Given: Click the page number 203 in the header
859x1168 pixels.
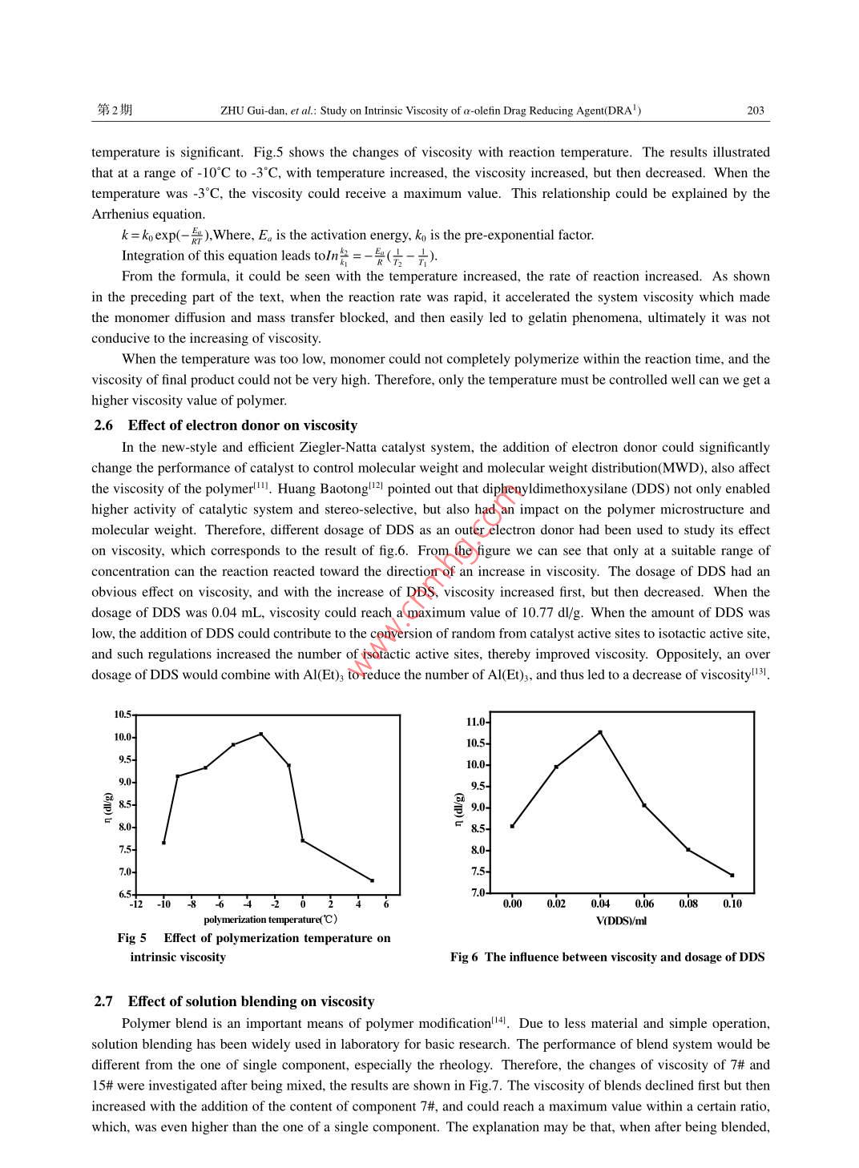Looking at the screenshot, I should (x=755, y=111).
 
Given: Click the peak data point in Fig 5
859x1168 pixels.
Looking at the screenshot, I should (x=260, y=734).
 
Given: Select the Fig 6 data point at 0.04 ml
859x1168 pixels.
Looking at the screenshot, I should (x=600, y=732).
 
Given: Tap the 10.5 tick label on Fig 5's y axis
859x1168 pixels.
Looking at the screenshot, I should (x=123, y=715).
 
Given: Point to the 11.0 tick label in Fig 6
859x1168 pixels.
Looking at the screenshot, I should (x=476, y=722).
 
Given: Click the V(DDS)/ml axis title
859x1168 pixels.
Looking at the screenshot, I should (x=621, y=921).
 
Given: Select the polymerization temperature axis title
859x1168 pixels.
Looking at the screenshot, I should (x=270, y=920).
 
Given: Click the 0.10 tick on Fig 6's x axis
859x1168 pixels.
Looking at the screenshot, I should (x=732, y=904).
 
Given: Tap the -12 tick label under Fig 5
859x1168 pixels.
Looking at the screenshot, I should (x=136, y=904).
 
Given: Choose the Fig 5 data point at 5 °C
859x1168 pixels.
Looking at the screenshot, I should (x=372, y=880).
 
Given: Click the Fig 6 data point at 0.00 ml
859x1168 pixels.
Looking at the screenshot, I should (x=512, y=826).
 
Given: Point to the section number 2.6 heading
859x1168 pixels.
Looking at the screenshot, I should (x=103, y=425).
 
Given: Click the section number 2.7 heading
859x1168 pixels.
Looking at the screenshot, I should (x=103, y=1001).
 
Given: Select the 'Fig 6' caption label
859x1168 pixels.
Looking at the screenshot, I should (x=464, y=957).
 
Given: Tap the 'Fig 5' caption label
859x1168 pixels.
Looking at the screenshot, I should (x=131, y=938).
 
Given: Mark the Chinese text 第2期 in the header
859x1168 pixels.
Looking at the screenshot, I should (x=115, y=110).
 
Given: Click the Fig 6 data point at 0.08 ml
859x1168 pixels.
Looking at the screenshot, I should (x=688, y=849).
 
